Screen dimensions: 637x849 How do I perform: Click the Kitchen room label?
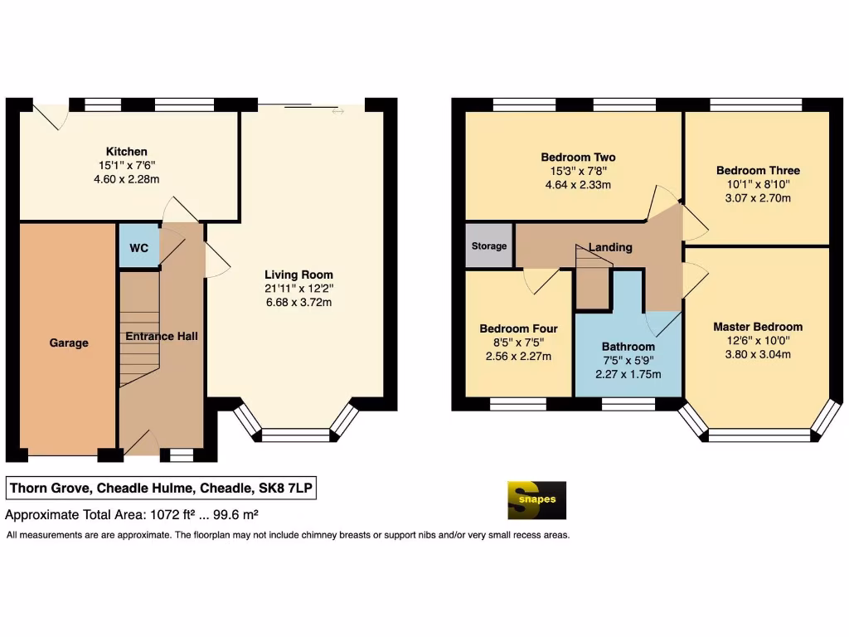pyautogui.click(x=126, y=152)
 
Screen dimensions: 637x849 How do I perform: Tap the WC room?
pyautogui.click(x=137, y=247)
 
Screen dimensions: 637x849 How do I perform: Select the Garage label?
pyautogui.click(x=68, y=343)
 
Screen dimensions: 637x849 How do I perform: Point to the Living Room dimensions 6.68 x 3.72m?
pyautogui.click(x=298, y=302)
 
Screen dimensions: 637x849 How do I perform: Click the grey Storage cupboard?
pyautogui.click(x=489, y=246)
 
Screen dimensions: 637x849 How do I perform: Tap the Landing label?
pyautogui.click(x=610, y=247)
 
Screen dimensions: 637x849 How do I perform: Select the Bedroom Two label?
pyautogui.click(x=578, y=158)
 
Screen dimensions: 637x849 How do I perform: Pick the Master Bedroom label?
pyautogui.click(x=758, y=327)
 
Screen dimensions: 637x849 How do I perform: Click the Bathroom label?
pyautogui.click(x=628, y=347)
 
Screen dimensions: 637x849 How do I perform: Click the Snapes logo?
pyautogui.click(x=536, y=500)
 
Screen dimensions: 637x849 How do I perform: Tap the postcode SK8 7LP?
pyautogui.click(x=286, y=489)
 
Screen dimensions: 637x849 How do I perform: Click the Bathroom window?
pyautogui.click(x=628, y=404)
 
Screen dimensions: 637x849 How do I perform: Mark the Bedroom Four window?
pyautogui.click(x=517, y=404)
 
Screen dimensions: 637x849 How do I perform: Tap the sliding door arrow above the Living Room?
pyautogui.click(x=337, y=109)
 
